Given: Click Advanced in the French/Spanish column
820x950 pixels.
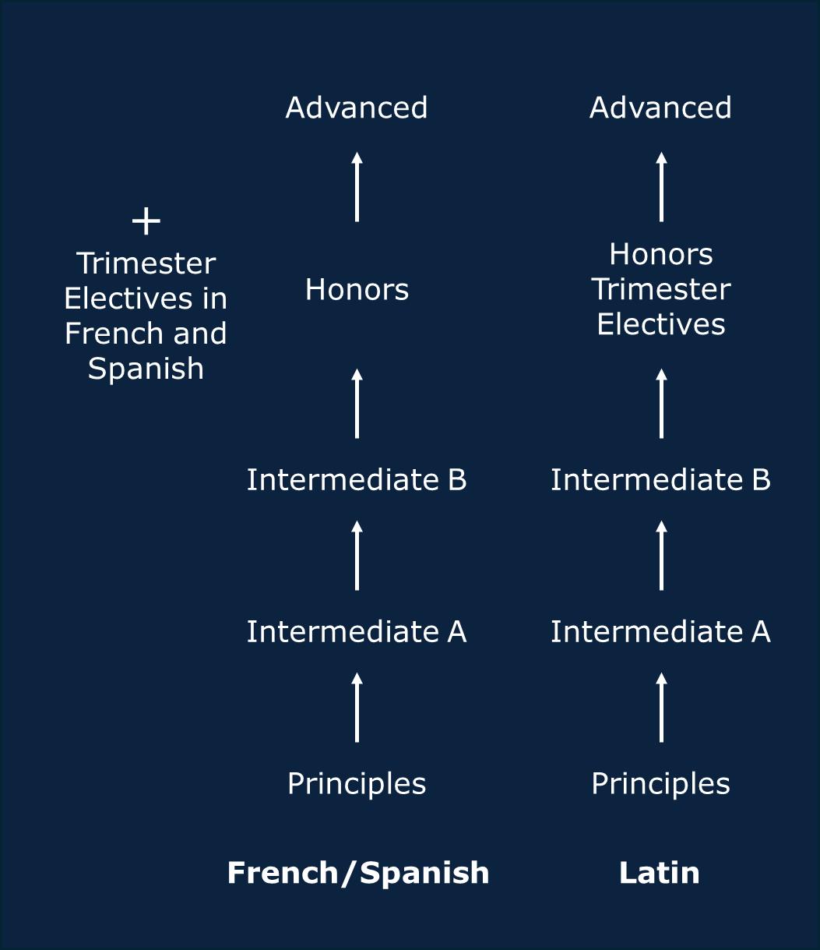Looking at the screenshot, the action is [x=357, y=108].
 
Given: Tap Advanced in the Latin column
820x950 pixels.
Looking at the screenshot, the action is [x=660, y=108].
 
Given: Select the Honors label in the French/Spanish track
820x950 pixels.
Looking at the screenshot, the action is [x=357, y=290].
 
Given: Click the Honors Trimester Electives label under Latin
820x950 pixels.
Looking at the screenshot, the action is [x=660, y=289].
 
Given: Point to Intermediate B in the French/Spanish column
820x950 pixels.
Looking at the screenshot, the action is [x=357, y=479].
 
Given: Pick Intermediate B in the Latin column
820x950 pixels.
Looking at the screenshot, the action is [x=660, y=479].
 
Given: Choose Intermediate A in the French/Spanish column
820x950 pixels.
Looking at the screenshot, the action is [x=357, y=631].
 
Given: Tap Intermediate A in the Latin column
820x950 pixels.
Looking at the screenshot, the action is [x=660, y=631].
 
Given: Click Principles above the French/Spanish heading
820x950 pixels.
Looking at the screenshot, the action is [x=357, y=783].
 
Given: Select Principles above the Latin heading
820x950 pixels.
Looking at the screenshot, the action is [x=660, y=783].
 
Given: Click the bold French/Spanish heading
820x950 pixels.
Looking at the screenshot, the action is [x=358, y=873].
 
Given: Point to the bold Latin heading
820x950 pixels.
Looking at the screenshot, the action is [x=659, y=873].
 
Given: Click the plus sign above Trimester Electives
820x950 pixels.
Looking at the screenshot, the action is [x=146, y=221].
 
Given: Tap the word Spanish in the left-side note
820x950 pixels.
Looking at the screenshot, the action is [x=146, y=368].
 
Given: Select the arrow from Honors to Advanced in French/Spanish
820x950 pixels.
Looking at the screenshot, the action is [x=357, y=187].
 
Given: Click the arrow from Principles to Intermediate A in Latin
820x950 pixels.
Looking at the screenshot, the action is [x=661, y=708].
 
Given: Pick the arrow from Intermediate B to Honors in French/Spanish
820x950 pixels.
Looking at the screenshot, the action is [x=357, y=404].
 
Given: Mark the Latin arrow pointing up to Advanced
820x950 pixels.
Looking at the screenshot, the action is [x=661, y=187].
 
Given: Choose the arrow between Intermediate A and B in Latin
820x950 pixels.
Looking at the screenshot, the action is [x=661, y=556].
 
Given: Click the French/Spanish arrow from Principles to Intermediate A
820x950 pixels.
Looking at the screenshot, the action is [x=357, y=708].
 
